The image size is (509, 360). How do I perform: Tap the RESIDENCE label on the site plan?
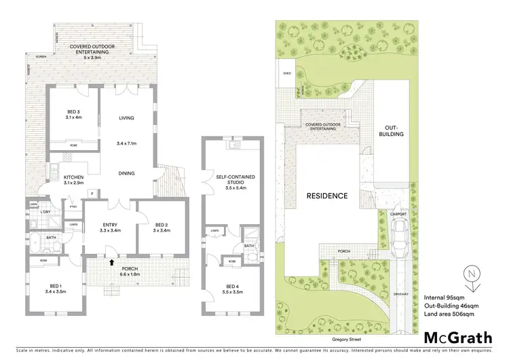tap(326, 196)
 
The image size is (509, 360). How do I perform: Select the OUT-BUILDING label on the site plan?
tap(394, 130)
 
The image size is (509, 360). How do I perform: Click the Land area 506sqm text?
tap(449, 314)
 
